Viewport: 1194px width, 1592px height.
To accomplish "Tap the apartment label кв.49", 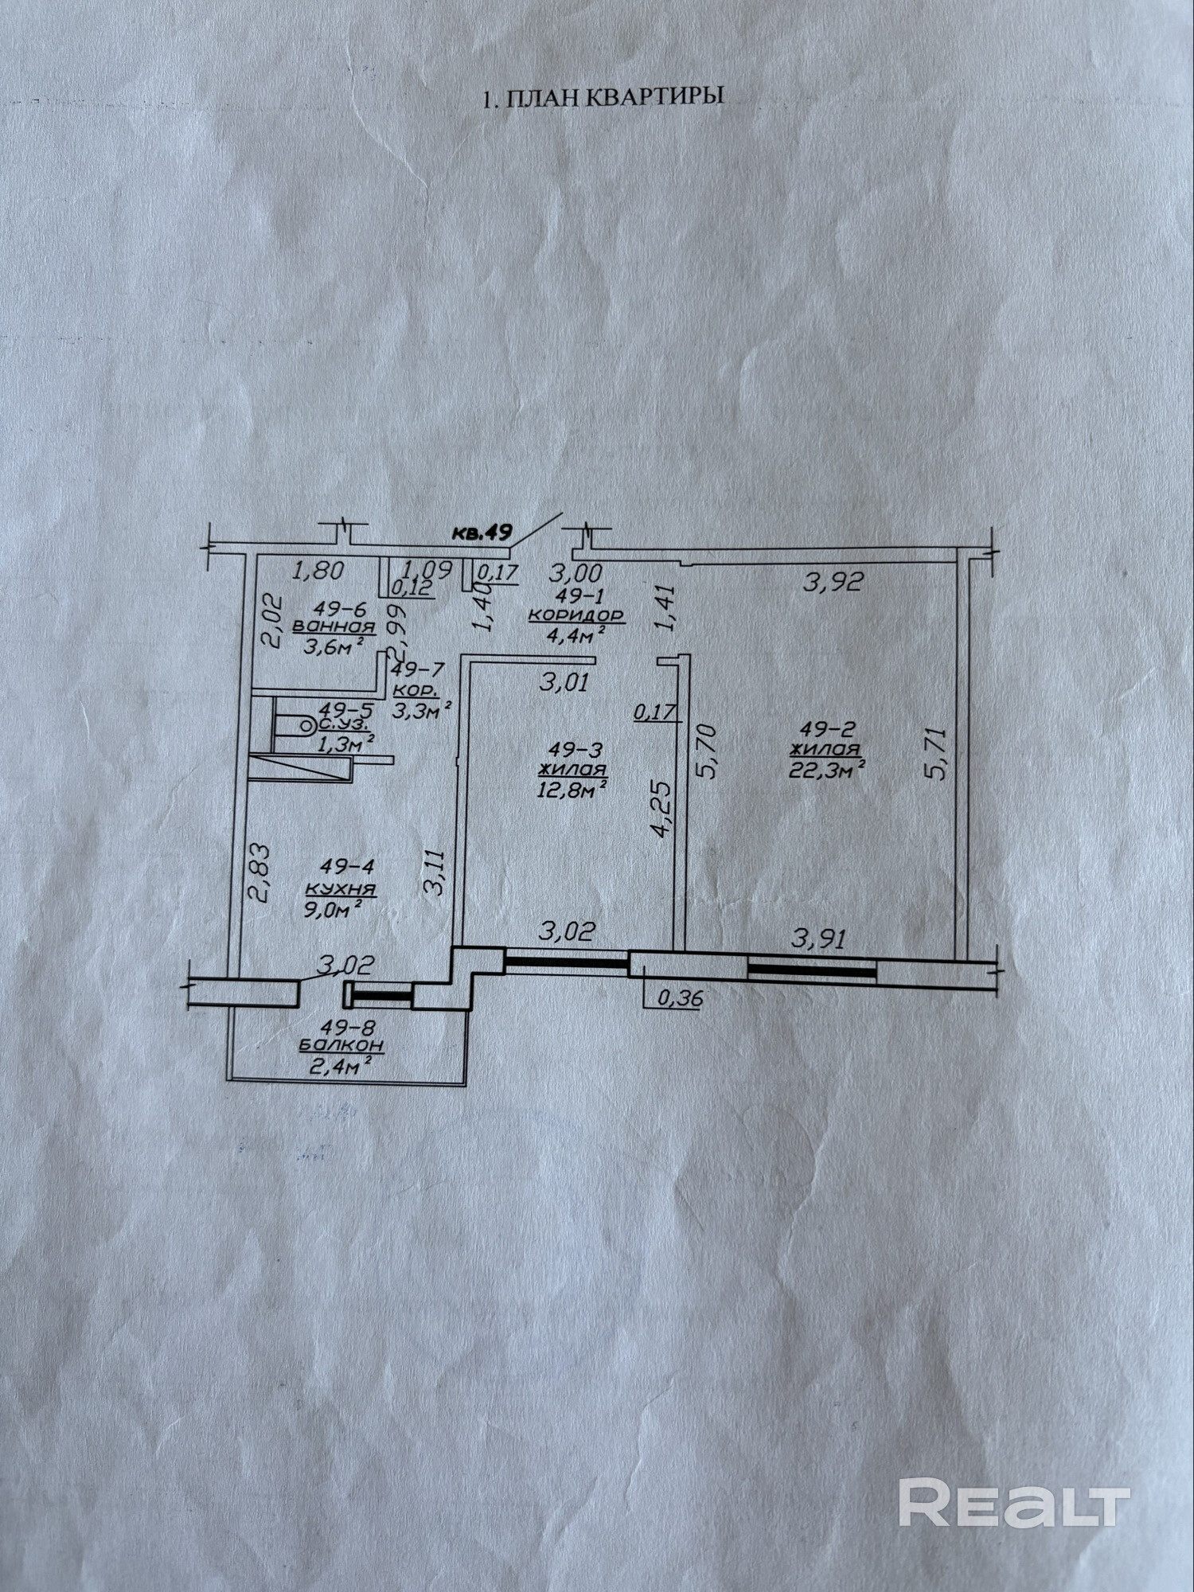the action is point(482,533).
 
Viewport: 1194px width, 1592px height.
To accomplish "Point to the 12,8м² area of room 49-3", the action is point(572,789).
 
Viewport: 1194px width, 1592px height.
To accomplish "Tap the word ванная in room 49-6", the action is point(334,626).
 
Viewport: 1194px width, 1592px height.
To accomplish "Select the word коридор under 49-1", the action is point(576,615).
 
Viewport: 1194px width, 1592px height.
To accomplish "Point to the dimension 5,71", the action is point(939,753).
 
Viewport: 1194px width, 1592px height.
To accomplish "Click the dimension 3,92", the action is point(833,582).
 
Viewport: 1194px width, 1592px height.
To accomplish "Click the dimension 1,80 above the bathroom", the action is point(318,570).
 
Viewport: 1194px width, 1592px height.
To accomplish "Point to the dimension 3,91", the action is point(817,938).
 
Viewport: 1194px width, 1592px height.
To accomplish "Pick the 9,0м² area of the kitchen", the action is point(334,908).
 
